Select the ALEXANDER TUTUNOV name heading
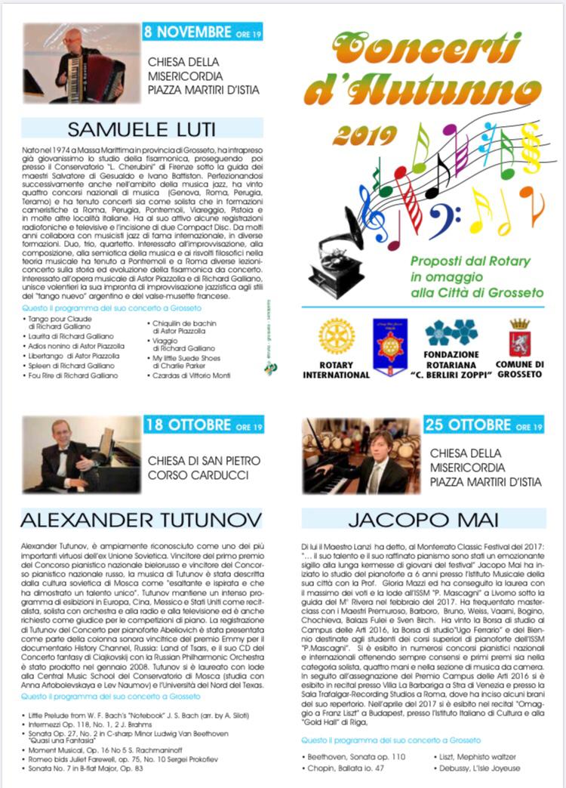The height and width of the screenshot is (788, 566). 141,519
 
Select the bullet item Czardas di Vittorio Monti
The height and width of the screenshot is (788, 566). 192,375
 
